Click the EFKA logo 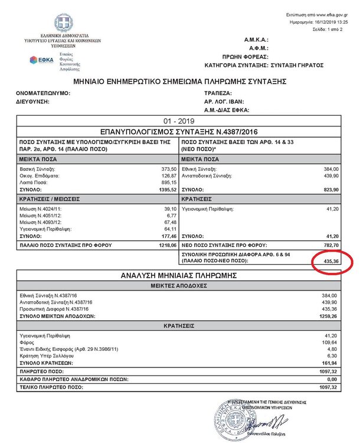click(42, 60)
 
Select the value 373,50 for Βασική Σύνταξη click(168, 168)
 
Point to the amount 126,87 click(168, 175)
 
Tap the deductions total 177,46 click(168, 236)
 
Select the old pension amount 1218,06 click(166, 245)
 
